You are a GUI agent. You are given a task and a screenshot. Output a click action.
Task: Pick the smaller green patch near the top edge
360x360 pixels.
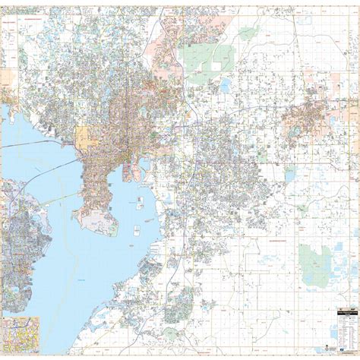249,33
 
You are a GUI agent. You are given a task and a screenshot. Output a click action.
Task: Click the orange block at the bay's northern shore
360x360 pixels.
83,137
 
